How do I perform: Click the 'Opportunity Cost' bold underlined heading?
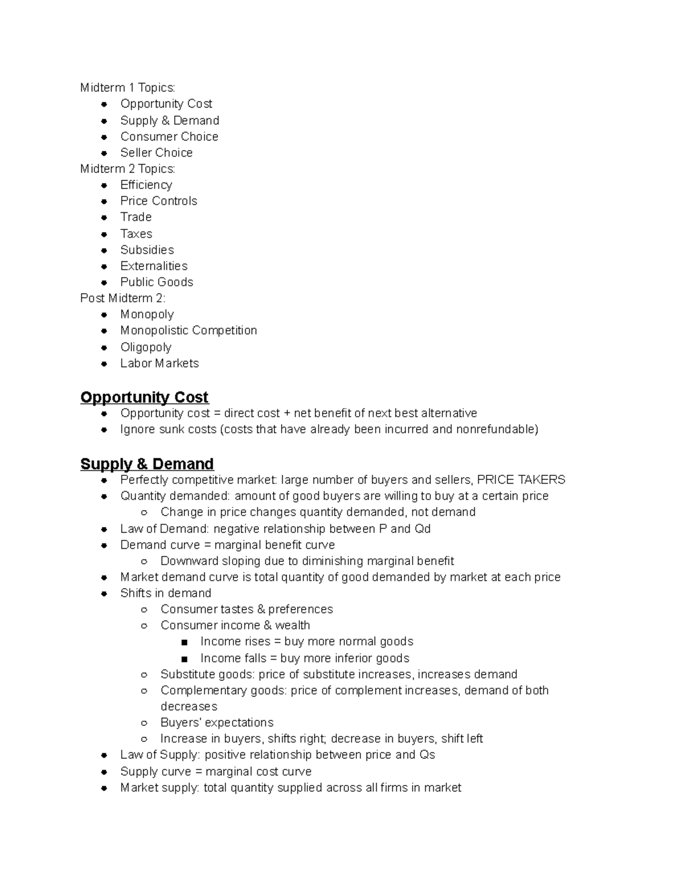(x=144, y=397)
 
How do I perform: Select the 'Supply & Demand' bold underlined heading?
(x=147, y=464)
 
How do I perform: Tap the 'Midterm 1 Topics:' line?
(x=127, y=88)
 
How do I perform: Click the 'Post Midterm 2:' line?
(x=123, y=298)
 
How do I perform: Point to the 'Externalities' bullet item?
(x=154, y=266)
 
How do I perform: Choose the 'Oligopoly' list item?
(x=146, y=347)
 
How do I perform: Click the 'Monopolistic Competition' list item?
(x=188, y=331)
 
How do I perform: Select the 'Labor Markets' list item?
(x=159, y=363)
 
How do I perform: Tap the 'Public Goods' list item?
(x=157, y=282)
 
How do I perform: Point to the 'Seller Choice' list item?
(x=156, y=153)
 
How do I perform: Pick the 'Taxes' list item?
(x=136, y=234)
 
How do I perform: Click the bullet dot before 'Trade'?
(x=104, y=217)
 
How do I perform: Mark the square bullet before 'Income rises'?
(x=184, y=643)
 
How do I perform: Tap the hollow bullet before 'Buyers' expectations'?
(x=144, y=723)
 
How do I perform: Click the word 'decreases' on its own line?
(x=188, y=706)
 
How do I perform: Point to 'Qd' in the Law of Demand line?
(x=422, y=529)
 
